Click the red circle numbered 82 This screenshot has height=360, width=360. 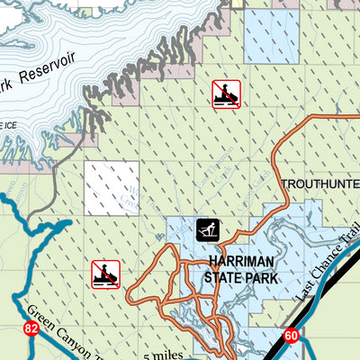click(x=31, y=329)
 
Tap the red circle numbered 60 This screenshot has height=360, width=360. click(x=290, y=336)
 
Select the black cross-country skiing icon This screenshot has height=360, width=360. click(x=208, y=229)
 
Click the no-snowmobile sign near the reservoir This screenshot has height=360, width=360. click(x=226, y=94)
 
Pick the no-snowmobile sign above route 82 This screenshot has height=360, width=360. click(x=105, y=274)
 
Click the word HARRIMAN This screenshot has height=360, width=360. click(x=239, y=263)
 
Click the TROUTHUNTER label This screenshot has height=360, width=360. click(x=319, y=184)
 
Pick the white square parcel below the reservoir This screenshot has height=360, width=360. click(x=112, y=188)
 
